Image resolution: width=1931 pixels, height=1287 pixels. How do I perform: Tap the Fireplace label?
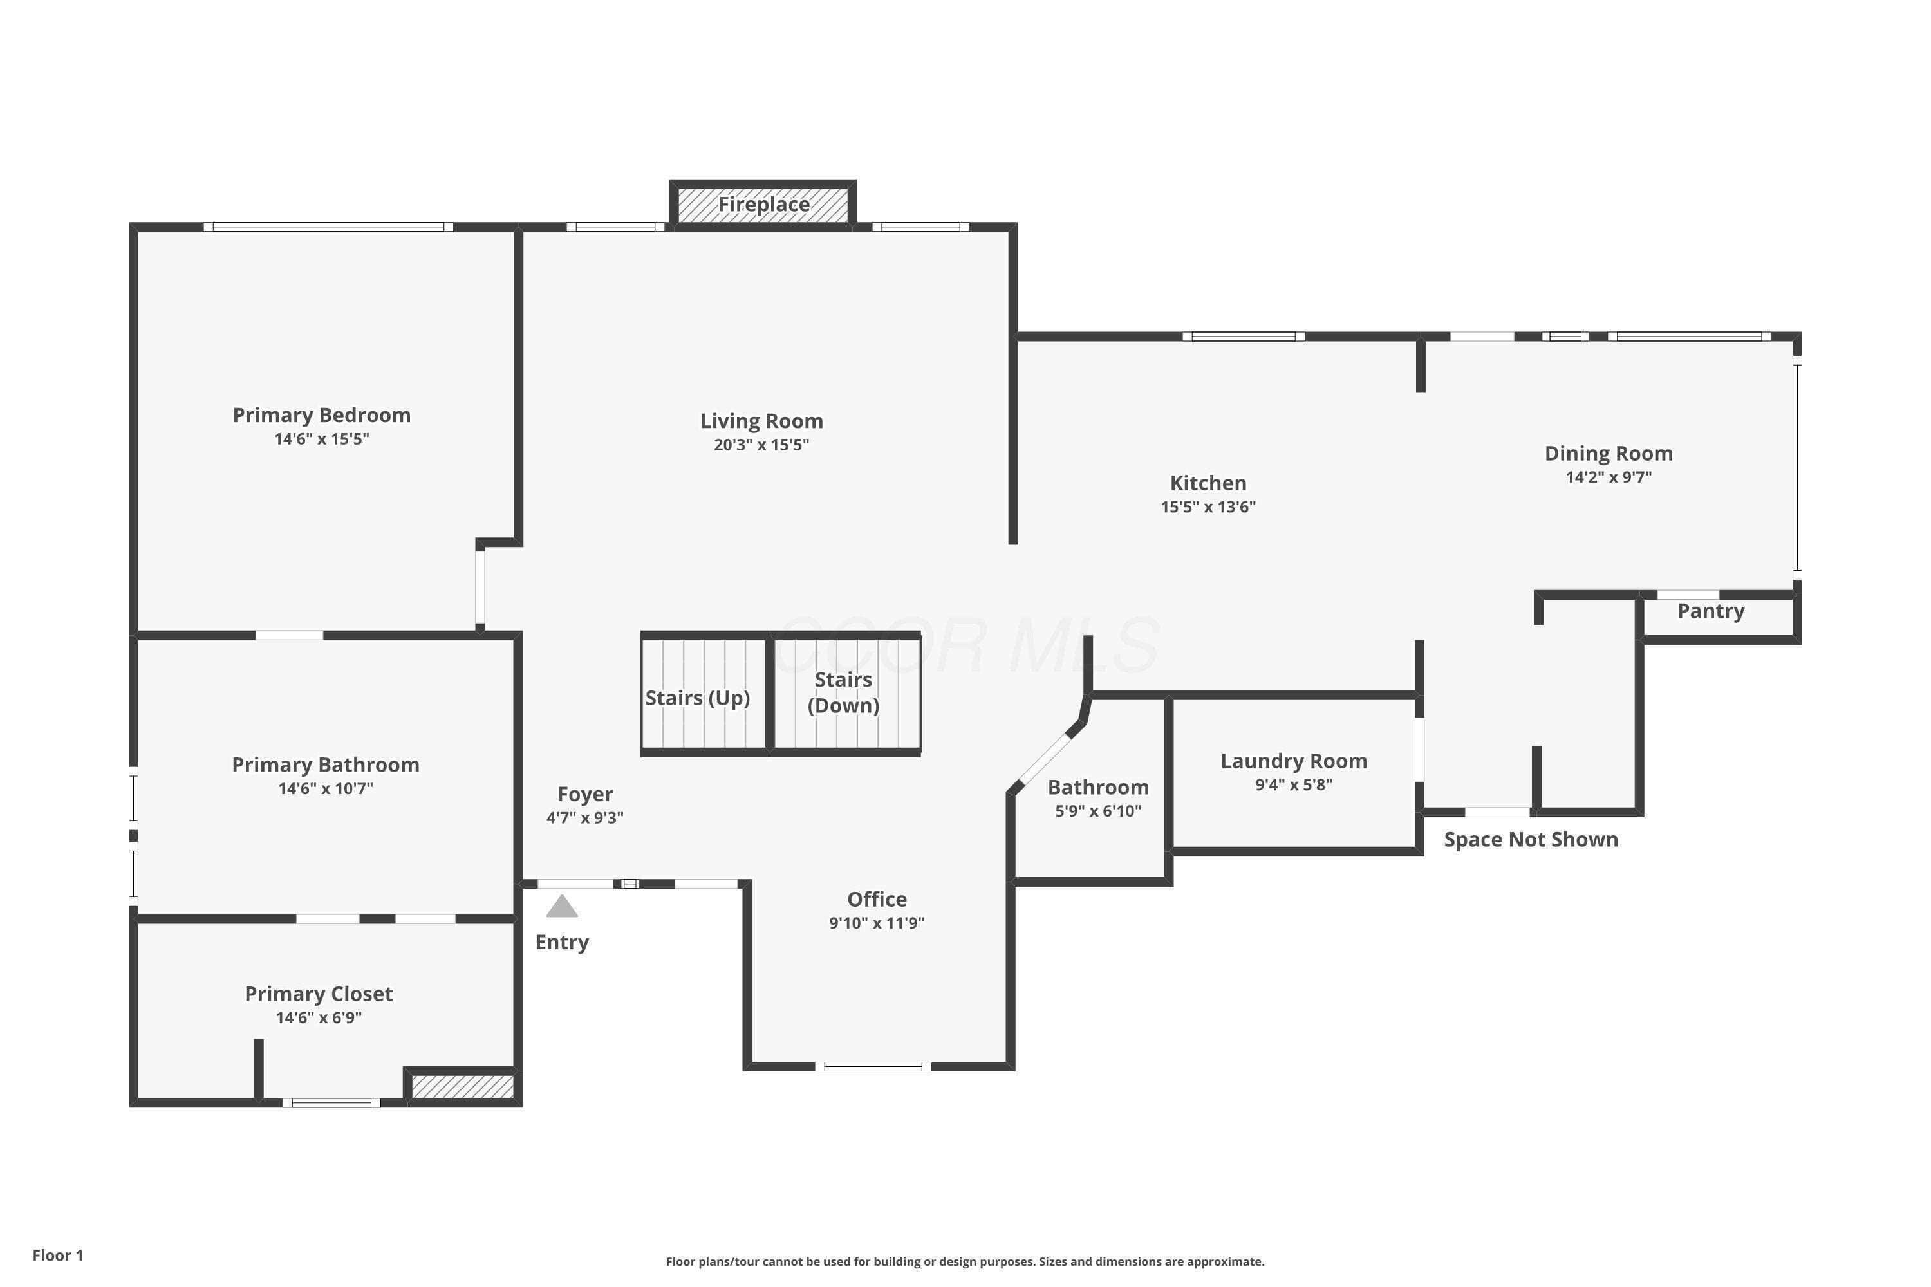pos(763,205)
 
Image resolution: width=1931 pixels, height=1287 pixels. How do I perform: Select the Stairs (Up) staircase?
pos(704,694)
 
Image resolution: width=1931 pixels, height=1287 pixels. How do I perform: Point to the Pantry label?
pos(1711,611)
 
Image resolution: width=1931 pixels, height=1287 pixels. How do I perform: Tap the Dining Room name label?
pos(1609,454)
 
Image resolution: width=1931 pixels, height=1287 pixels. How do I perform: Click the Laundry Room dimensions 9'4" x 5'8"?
pos(1293,784)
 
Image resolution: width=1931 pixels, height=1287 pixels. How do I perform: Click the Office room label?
pos(877,899)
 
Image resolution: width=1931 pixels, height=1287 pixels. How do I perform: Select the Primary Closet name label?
pos(319,994)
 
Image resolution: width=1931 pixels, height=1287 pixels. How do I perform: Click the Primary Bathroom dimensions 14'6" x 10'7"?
pos(325,789)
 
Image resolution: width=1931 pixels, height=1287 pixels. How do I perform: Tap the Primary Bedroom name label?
pos(322,415)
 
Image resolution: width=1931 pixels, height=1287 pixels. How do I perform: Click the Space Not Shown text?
pos(1531,840)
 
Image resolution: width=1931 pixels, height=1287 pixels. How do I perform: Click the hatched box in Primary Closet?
pos(462,1087)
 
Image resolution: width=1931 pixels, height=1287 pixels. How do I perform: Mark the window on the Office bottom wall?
pos(873,1066)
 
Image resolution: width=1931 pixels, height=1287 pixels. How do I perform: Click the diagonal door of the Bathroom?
pos(1044,759)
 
